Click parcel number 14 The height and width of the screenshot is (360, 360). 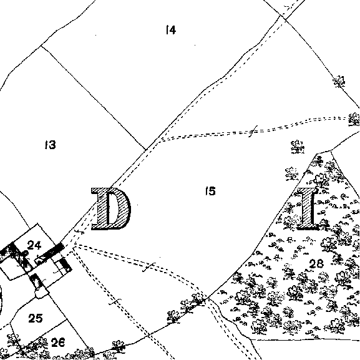click(x=171, y=30)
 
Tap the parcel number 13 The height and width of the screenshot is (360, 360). click(x=51, y=145)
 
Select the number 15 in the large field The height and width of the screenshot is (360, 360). click(x=210, y=191)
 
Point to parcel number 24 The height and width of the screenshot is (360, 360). click(x=34, y=245)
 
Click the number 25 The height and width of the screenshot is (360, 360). click(x=36, y=318)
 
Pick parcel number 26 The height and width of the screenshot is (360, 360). click(x=58, y=343)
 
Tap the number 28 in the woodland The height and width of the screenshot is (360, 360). click(x=316, y=263)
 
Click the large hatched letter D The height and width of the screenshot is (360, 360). click(x=111, y=208)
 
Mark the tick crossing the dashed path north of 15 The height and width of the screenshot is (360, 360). click(x=253, y=131)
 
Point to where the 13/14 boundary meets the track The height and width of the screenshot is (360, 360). click(x=145, y=150)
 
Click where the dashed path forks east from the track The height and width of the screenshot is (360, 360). click(x=161, y=139)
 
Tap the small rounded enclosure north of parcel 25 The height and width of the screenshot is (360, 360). click(x=42, y=292)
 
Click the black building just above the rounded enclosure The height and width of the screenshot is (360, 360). click(x=36, y=281)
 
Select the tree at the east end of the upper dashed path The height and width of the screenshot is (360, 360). click(x=354, y=119)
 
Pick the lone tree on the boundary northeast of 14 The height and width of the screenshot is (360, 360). click(x=339, y=82)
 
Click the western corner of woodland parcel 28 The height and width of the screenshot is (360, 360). click(x=208, y=298)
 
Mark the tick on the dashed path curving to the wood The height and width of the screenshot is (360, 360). click(x=148, y=267)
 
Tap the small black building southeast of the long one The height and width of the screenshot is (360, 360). click(x=66, y=265)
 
